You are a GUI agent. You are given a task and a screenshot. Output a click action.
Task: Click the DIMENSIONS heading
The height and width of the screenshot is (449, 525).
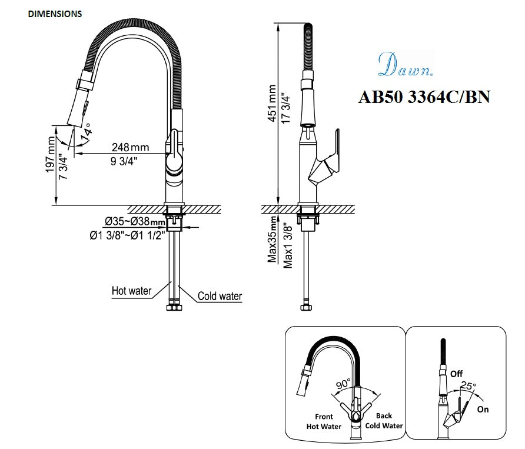pos(55,14)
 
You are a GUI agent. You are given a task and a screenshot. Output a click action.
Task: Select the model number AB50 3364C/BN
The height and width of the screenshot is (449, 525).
pos(424,97)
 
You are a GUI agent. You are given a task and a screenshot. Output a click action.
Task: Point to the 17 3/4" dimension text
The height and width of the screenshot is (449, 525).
pos(285,106)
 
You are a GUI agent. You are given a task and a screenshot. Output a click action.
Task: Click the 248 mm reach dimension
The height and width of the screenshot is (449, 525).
pos(131,146)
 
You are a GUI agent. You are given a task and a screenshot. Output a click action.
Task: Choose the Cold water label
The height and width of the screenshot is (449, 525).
pos(220,297)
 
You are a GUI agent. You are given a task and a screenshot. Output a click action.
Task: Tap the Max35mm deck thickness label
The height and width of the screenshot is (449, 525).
pos(273,239)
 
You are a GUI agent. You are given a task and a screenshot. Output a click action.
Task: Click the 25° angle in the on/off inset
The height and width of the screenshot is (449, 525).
pos(468,385)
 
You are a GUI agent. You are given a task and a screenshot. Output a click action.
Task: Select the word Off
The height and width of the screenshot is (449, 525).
pos(456,374)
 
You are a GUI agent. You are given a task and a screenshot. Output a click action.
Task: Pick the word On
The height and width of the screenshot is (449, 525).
pos(483,409)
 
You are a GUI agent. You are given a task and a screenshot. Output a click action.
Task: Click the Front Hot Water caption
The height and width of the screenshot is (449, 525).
pos(324,421)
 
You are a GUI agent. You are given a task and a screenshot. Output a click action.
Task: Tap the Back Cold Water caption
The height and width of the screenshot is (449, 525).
pos(384,421)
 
